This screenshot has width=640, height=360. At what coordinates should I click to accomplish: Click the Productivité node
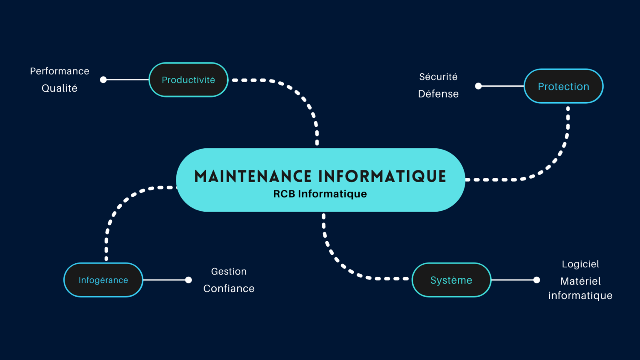(188, 80)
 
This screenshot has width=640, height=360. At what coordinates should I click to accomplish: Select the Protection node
(563, 86)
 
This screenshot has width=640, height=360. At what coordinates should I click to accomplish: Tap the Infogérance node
(103, 280)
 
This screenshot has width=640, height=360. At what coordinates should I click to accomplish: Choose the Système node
(451, 280)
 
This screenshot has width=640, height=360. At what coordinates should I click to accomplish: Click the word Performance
(60, 71)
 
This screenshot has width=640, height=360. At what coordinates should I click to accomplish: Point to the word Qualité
(60, 88)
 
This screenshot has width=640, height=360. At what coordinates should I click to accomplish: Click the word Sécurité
(438, 77)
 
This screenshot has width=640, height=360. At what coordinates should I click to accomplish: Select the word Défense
(438, 94)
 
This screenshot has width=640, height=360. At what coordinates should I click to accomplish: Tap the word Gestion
(229, 272)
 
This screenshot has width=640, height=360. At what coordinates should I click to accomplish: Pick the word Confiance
(229, 289)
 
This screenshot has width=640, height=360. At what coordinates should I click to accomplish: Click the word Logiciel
(580, 264)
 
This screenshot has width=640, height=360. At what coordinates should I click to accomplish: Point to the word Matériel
(580, 281)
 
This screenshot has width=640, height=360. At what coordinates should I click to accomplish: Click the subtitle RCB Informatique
(320, 194)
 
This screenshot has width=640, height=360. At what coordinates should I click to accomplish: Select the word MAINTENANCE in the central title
(253, 176)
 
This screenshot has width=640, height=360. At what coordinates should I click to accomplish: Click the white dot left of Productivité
(103, 80)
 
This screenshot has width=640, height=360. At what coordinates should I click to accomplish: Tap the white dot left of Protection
(478, 86)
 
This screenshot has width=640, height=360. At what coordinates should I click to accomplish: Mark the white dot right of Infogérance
(188, 280)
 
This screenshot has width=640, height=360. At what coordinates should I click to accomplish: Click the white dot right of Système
(537, 280)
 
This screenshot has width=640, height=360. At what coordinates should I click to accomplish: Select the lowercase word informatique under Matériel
(580, 296)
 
